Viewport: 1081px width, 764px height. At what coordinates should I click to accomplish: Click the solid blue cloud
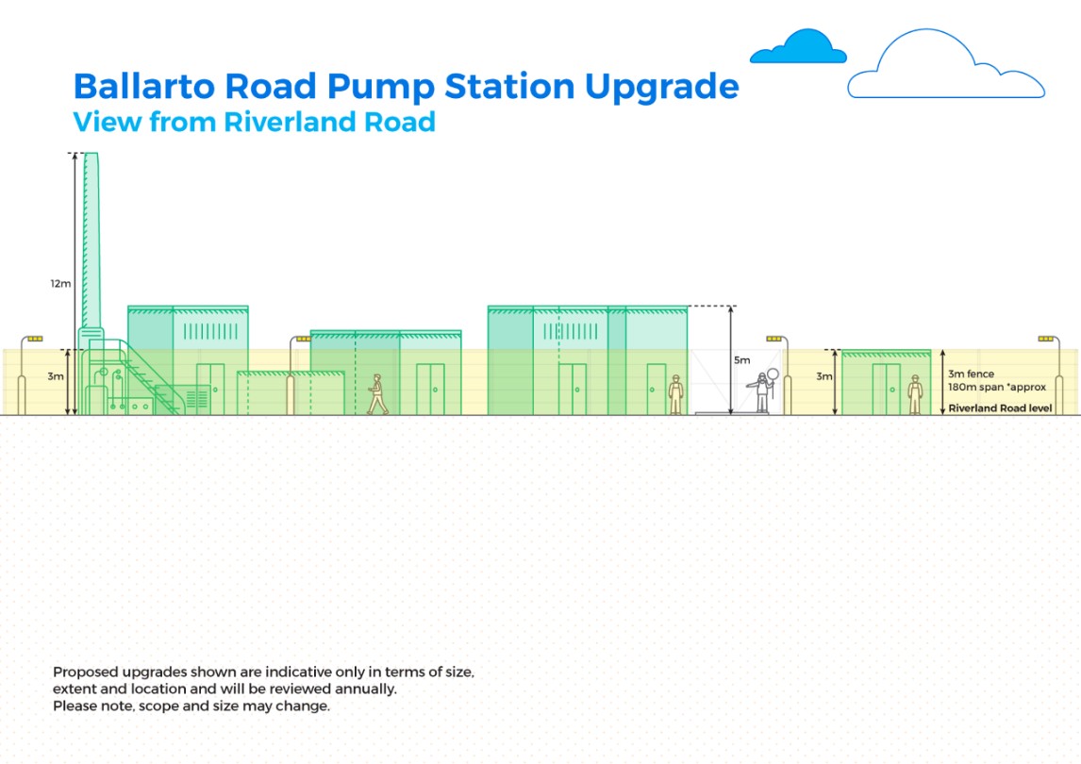tap(798, 47)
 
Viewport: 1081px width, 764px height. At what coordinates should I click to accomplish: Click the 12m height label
tap(60, 283)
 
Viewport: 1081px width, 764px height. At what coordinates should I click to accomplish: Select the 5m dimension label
tap(741, 360)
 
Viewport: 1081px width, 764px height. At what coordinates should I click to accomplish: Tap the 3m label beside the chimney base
tap(55, 376)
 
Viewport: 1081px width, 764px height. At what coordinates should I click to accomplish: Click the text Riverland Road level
tap(1000, 408)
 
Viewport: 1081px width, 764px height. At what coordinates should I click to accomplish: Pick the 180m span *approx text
tap(997, 388)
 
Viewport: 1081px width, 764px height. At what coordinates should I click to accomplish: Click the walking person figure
tap(377, 393)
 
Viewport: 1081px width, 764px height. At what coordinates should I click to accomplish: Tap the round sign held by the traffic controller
tap(773, 374)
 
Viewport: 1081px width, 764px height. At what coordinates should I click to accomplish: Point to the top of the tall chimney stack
tap(91, 155)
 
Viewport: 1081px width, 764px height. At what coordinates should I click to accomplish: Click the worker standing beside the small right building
tap(915, 394)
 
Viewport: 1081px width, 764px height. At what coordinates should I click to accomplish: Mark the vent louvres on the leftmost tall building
tap(211, 332)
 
